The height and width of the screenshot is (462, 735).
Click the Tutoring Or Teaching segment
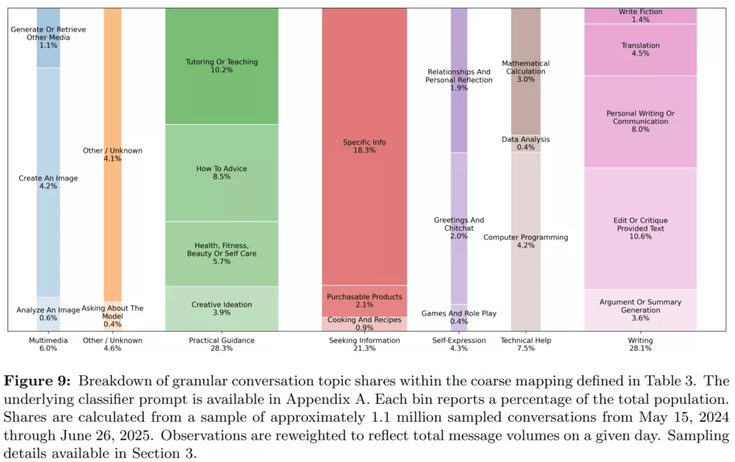coord(221,66)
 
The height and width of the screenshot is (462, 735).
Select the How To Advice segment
coord(221,172)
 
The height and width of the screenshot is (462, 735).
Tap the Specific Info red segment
coord(364,146)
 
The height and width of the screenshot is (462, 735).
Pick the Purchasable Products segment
coord(364,301)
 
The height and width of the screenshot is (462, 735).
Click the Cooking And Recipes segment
coord(364,324)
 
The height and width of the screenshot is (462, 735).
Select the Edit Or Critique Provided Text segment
coord(640,228)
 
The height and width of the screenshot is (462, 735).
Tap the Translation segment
coord(640,49)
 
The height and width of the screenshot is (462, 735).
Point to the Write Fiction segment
coord(640,15)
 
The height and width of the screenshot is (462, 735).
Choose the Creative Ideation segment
coord(221,308)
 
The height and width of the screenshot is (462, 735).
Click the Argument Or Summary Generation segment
coord(640,310)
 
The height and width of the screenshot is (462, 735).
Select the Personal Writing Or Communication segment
coord(640,121)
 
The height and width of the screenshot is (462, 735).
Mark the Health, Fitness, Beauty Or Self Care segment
coord(221,253)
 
